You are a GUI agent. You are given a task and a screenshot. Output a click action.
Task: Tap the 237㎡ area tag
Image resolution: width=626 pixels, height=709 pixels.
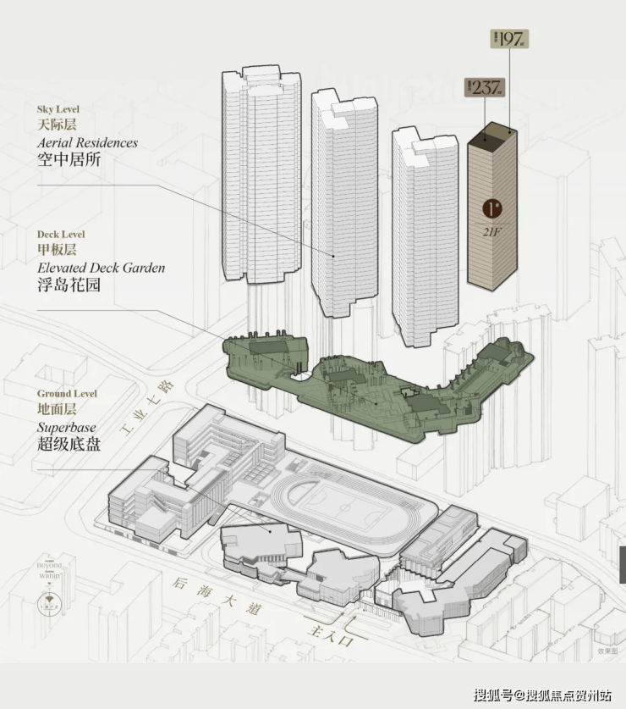(x=484, y=86)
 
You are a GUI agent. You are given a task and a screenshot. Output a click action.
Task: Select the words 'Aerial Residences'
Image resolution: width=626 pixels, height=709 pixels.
(x=87, y=142)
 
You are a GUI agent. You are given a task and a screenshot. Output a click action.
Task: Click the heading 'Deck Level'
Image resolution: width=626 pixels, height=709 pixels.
(x=61, y=234)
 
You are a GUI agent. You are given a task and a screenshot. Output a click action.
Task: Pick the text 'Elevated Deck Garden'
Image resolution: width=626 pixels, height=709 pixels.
(x=101, y=268)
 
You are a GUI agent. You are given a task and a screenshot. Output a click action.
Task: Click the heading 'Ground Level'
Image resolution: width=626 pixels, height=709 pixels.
(x=67, y=394)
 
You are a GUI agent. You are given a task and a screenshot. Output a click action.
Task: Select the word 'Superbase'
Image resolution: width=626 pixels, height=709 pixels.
(x=67, y=427)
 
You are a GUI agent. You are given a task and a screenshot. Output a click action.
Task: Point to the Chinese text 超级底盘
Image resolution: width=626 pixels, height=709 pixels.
(x=69, y=443)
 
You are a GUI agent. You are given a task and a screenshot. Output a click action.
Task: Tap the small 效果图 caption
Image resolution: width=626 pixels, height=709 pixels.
(x=607, y=651)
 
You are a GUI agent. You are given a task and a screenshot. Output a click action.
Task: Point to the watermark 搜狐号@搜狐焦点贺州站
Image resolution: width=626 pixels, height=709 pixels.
(x=541, y=695)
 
